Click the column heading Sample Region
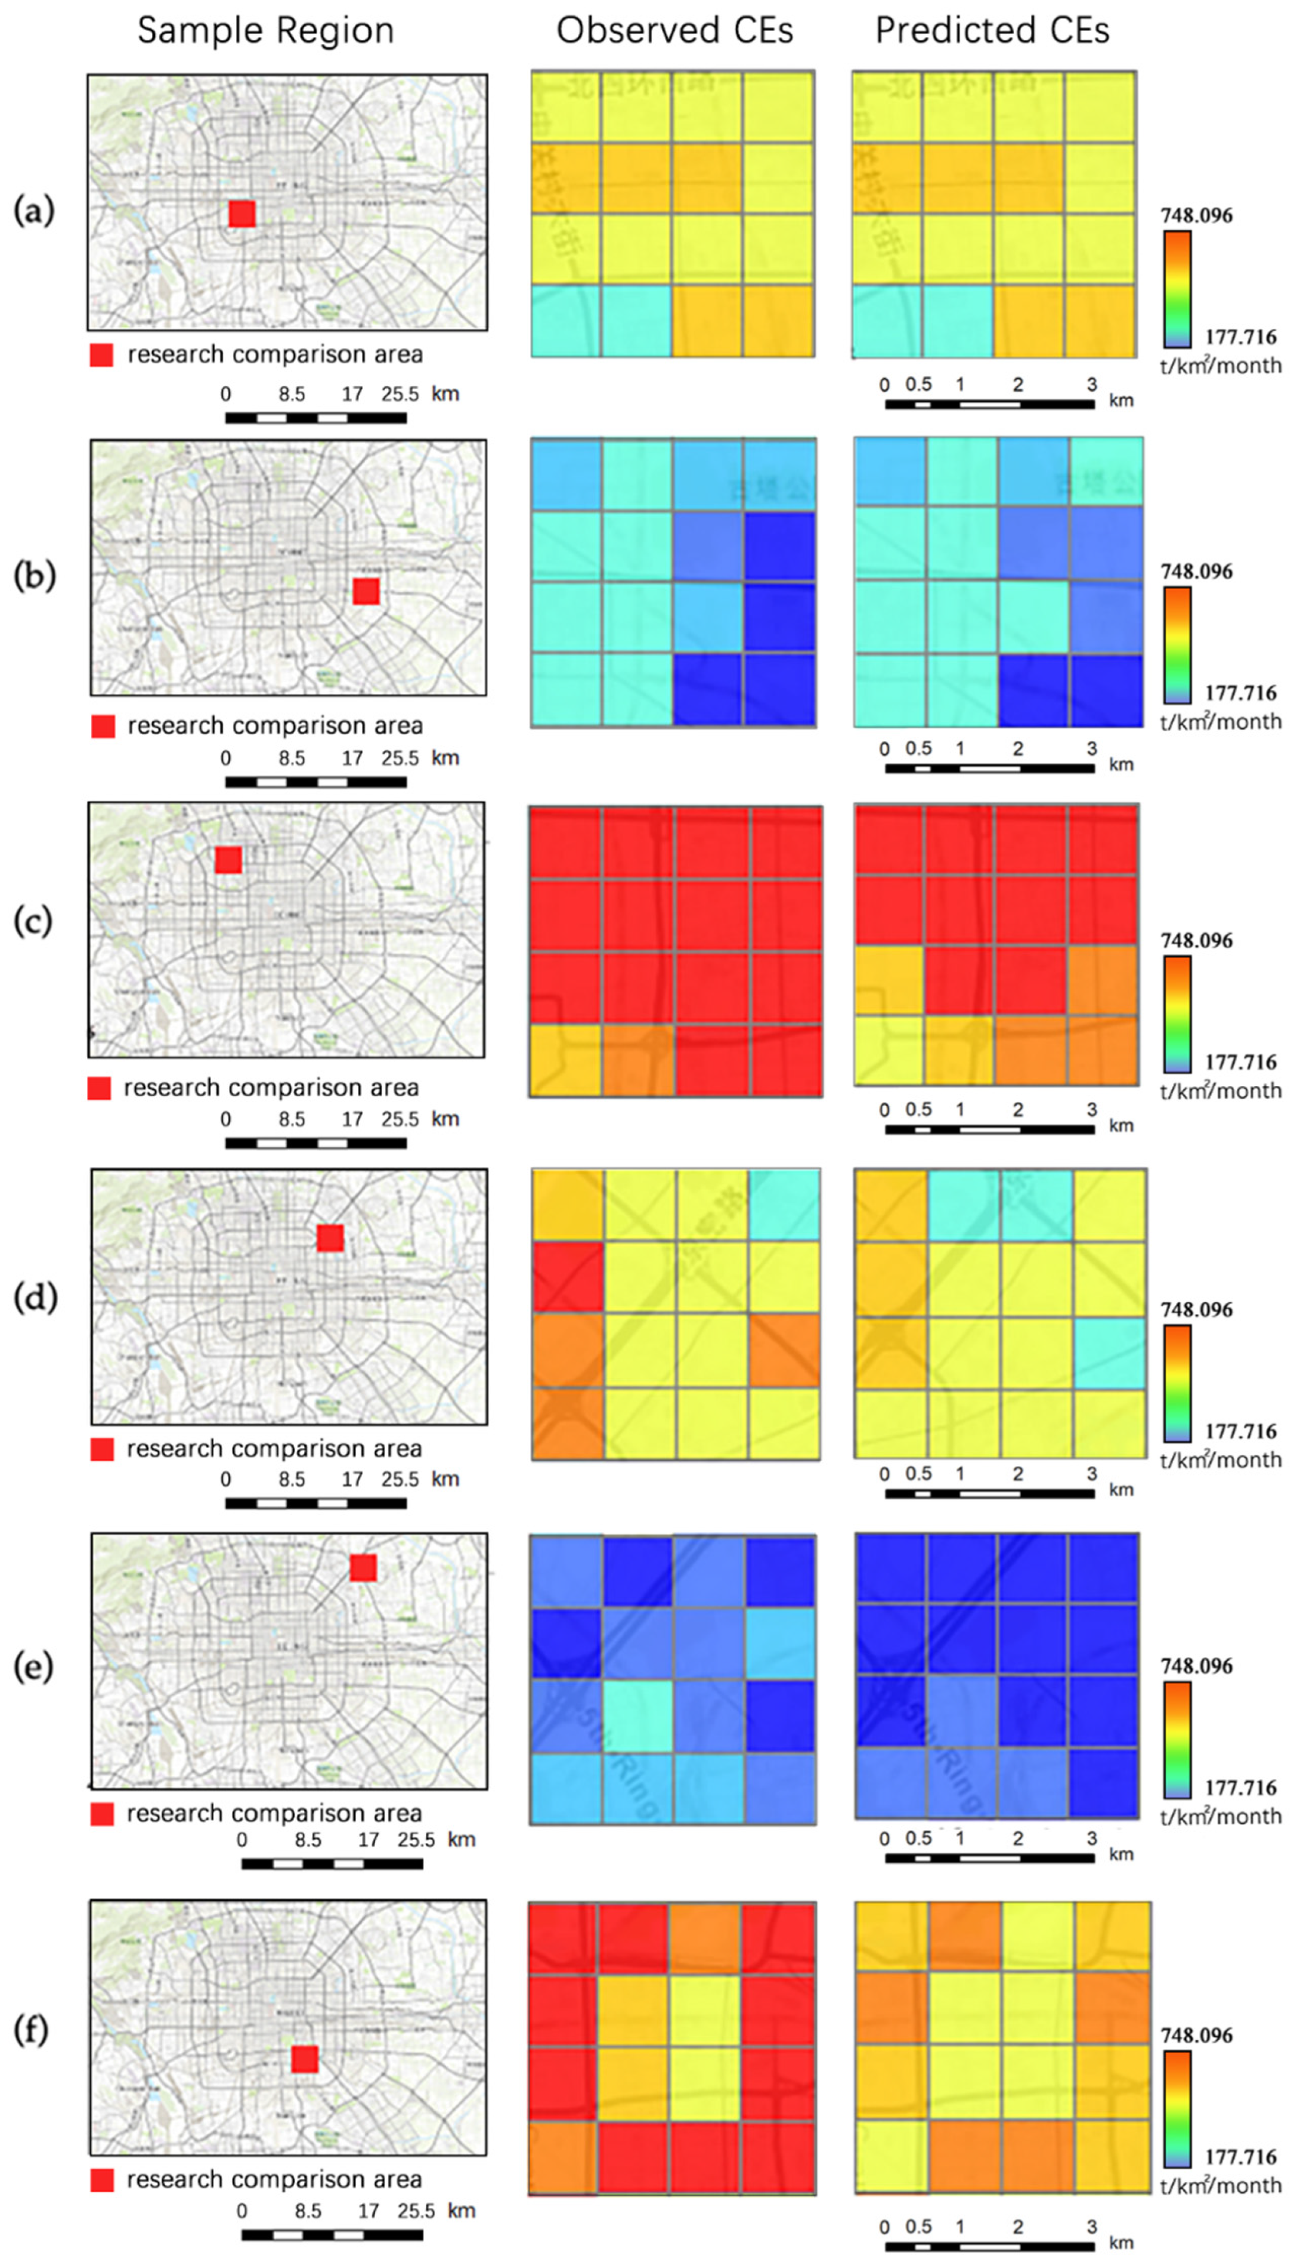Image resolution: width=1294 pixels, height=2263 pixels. pos(265,31)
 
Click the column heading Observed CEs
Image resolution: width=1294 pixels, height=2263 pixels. pos(674,31)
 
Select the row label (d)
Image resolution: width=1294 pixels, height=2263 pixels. pos(34,1297)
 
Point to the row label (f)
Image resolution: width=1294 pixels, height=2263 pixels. pos(32,2030)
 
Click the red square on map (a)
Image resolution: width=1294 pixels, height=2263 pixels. pos(242,214)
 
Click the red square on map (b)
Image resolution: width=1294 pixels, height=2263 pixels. pos(366,591)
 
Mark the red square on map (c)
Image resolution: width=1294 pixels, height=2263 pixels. pos(228,860)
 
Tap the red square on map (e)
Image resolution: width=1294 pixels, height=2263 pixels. pos(363,1568)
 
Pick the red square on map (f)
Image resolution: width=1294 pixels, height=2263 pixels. pos(305,2060)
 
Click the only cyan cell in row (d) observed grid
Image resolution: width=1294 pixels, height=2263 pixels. pos(783,1204)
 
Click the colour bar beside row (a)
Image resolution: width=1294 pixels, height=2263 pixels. pos(1177,289)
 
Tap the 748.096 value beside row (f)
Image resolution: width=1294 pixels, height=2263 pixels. pos(1196,2035)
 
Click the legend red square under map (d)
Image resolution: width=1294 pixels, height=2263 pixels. pos(102,1449)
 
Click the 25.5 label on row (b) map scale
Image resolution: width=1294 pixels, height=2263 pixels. pos(400,758)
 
